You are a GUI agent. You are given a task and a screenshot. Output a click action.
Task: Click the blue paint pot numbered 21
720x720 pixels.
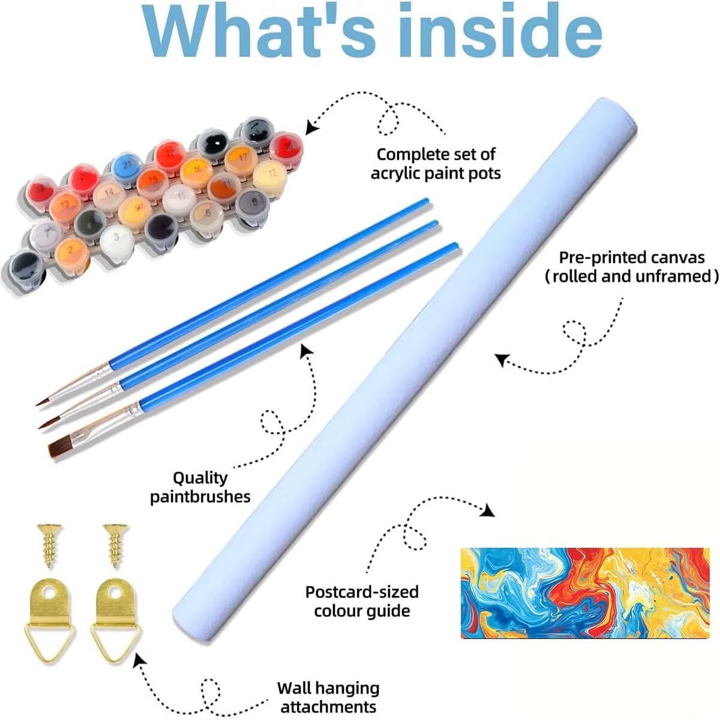(127, 163)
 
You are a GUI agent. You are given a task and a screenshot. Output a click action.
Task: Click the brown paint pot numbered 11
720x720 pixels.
(224, 183)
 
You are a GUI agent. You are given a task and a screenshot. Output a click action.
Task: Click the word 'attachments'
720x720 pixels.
(328, 706)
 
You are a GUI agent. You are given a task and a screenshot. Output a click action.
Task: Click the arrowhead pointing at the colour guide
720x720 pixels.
(488, 510)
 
